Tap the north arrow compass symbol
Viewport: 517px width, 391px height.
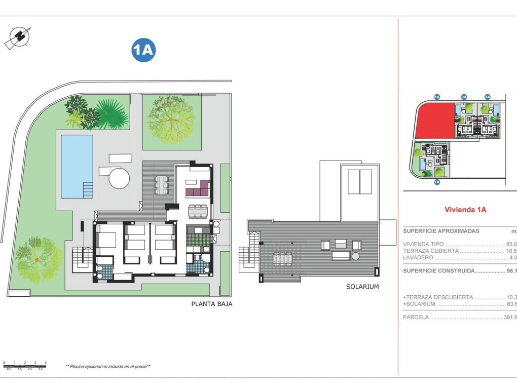18,37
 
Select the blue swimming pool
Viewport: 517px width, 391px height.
77,166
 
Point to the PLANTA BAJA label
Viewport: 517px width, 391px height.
211,304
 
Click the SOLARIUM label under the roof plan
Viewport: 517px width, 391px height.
362,287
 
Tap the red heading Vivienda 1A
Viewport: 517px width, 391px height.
465,209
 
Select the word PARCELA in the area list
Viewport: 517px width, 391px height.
416,318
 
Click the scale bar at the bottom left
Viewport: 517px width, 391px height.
24,364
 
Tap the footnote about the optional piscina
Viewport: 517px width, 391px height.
108,366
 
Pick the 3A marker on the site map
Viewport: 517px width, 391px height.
487,96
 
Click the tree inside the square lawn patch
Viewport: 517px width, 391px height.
171,120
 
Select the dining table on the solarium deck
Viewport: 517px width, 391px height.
284,259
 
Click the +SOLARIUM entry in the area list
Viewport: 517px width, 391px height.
420,304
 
